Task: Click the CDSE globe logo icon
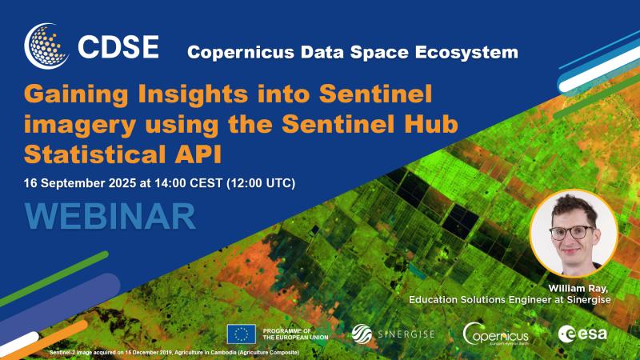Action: (x=46, y=46)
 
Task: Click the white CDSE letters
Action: (x=118, y=46)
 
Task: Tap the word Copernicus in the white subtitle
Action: (x=241, y=52)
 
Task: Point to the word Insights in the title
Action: (x=193, y=94)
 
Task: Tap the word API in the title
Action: (x=198, y=154)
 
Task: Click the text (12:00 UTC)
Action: (x=261, y=183)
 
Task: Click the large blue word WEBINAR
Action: (x=110, y=216)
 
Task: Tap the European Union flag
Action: (x=242, y=334)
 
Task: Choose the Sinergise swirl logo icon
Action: (x=362, y=334)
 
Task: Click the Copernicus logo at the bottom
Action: (x=495, y=334)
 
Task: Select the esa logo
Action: (x=582, y=334)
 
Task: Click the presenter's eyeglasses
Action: (x=571, y=233)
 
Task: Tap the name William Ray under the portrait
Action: (x=578, y=289)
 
